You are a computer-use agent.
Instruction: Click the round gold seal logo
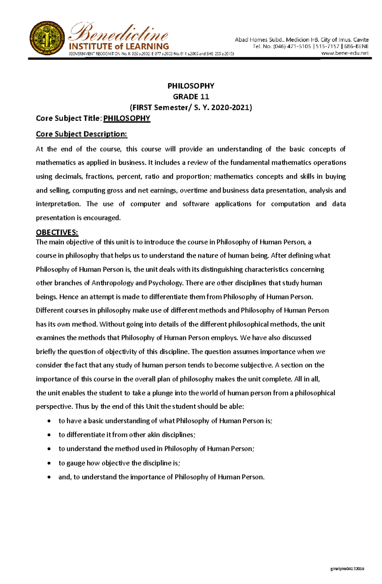pyautogui.click(x=47, y=38)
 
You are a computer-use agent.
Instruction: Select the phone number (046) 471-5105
pyautogui.click(x=292, y=46)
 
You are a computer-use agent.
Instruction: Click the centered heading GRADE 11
pyautogui.click(x=191, y=96)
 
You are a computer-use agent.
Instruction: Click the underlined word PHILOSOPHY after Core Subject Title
pyautogui.click(x=127, y=118)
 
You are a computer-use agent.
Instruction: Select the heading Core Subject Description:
pyautogui.click(x=81, y=134)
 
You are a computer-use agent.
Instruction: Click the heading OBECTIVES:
pyautogui.click(x=57, y=232)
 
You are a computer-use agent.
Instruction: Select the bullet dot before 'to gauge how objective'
pyautogui.click(x=49, y=463)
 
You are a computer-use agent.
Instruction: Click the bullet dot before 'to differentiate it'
pyautogui.click(x=49, y=435)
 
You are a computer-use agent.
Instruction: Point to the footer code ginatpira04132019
pyautogui.click(x=347, y=569)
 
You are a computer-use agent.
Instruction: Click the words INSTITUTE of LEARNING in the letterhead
pyautogui.click(x=119, y=46)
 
